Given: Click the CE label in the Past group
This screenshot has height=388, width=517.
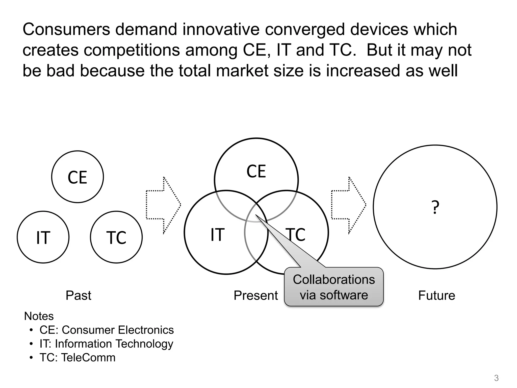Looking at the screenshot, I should tap(77, 177).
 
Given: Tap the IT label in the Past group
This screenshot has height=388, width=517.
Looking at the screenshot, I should tap(43, 238).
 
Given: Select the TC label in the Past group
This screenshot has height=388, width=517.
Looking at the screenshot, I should tap(116, 238).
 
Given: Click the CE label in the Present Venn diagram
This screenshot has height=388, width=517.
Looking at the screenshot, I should tap(256, 172).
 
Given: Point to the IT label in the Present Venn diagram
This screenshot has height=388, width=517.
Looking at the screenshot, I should tap(217, 235).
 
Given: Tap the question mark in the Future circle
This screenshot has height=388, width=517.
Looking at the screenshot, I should tap(435, 208).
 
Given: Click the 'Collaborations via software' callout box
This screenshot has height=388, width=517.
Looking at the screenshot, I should tap(334, 287).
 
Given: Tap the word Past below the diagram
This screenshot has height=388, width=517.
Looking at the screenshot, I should tap(78, 295).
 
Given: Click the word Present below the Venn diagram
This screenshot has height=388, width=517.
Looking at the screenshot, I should tap(255, 295).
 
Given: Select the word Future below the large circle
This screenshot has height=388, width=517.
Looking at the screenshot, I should tap(436, 295).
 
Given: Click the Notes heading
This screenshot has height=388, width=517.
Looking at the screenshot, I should tap(39, 316).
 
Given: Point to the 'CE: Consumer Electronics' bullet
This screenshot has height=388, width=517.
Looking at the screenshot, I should tap(107, 330).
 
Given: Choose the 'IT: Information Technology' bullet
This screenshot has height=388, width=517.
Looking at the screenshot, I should tap(106, 344).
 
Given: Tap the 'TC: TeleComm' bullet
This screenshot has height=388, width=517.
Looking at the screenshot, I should tap(77, 358).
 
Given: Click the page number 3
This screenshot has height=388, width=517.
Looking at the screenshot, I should tap(496, 378).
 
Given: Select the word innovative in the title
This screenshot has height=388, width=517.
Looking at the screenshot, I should tap(221, 29).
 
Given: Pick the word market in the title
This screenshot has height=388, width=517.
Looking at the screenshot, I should tap(242, 70).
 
